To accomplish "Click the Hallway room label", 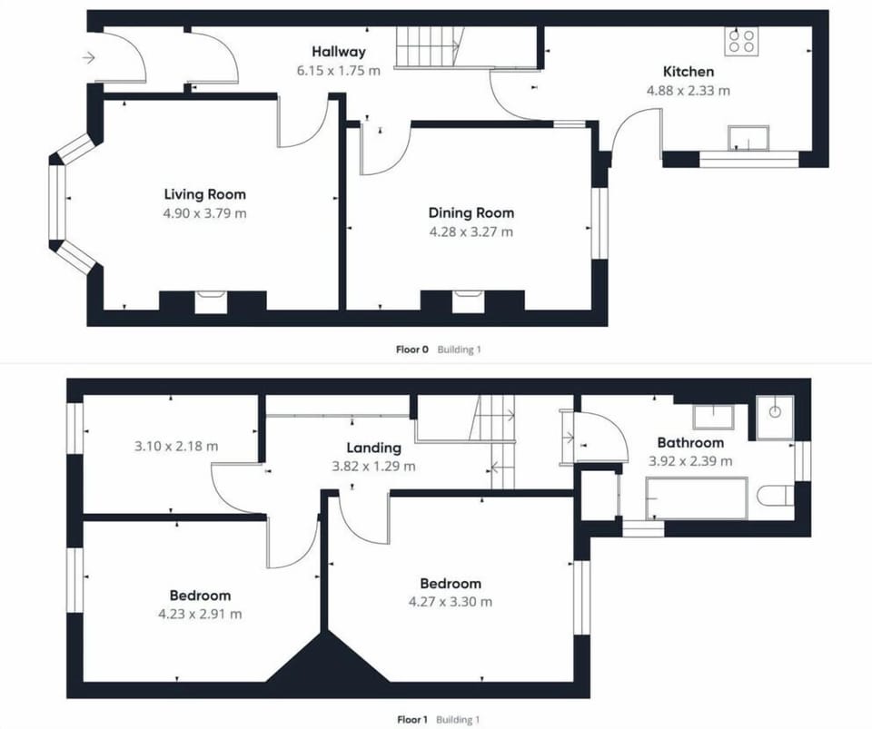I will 338,52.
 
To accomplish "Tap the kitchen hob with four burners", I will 741,40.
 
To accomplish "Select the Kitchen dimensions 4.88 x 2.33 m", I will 688,90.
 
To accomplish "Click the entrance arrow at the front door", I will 88,58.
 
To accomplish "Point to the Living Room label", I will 204,194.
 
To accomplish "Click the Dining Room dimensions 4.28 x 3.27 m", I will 471,232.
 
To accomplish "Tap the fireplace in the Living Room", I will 211,301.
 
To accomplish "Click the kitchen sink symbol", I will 748,138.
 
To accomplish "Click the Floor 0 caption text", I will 411,349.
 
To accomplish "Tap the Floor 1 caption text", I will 411,719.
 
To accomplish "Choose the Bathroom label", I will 690,443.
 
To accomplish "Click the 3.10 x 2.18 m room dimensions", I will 176,446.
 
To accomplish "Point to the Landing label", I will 373,448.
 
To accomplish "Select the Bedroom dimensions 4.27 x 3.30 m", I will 450,601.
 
